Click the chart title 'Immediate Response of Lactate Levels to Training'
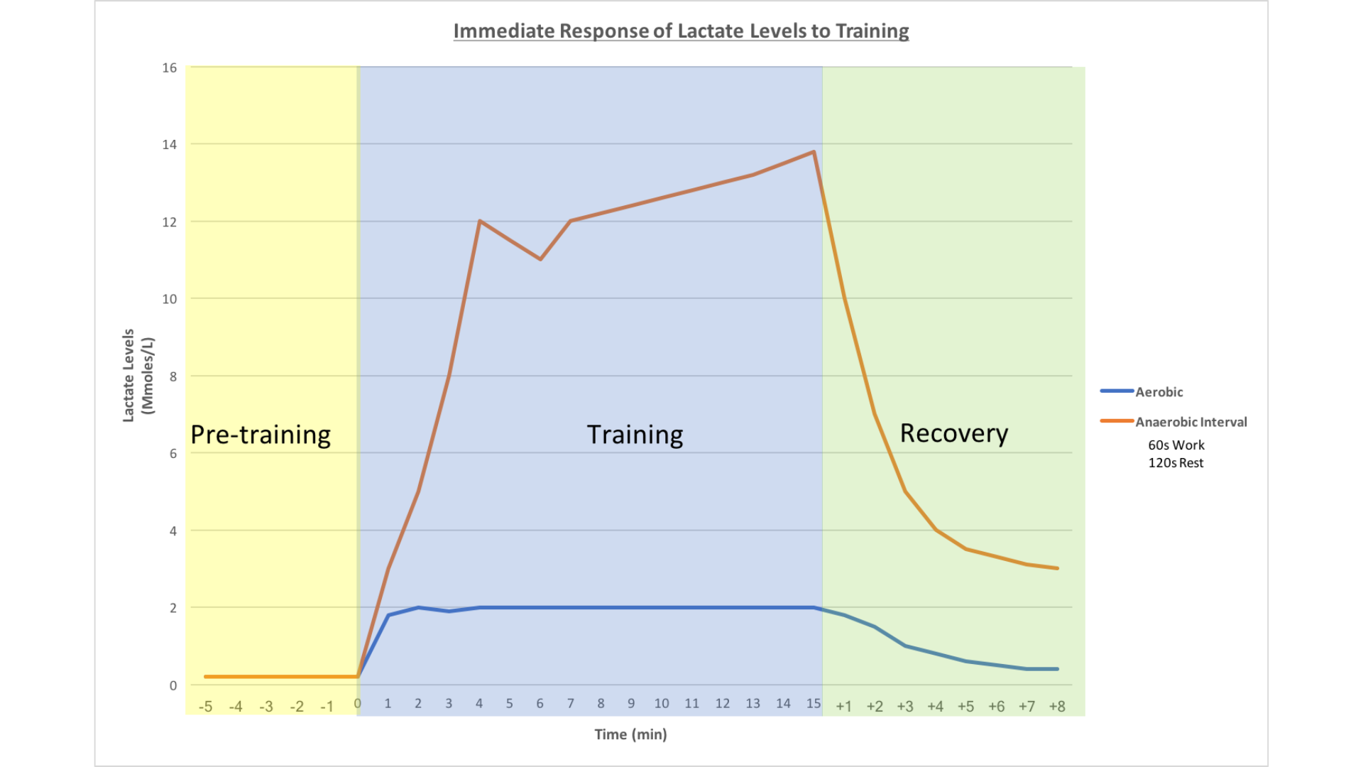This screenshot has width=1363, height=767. click(x=681, y=31)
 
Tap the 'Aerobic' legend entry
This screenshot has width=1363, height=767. click(x=1159, y=392)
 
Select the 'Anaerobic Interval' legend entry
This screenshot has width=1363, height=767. click(x=1190, y=422)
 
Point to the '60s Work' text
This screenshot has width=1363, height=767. click(x=1176, y=445)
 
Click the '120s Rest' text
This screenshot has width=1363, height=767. click(x=1176, y=463)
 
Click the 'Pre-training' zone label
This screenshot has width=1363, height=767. click(x=261, y=435)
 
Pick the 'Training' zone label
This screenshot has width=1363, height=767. click(x=635, y=435)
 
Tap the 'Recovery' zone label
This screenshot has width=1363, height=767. click(x=953, y=433)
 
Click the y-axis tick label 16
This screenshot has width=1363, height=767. click(x=169, y=68)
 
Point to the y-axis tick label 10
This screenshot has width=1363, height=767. click(x=169, y=299)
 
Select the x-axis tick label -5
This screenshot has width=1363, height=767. click(x=205, y=707)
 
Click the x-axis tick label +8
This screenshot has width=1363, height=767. click(x=1057, y=707)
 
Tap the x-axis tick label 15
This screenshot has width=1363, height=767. click(x=814, y=704)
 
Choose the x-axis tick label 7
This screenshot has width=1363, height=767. click(x=570, y=704)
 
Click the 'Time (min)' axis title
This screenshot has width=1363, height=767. click(x=630, y=734)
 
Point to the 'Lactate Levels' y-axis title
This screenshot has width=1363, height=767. click(x=128, y=375)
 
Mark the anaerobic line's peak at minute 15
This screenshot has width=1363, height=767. click(x=814, y=151)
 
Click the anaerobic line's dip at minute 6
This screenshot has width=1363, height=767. click(x=540, y=259)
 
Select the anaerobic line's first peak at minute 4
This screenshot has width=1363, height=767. click(x=480, y=221)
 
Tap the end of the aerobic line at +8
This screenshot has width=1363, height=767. click(x=1057, y=669)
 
